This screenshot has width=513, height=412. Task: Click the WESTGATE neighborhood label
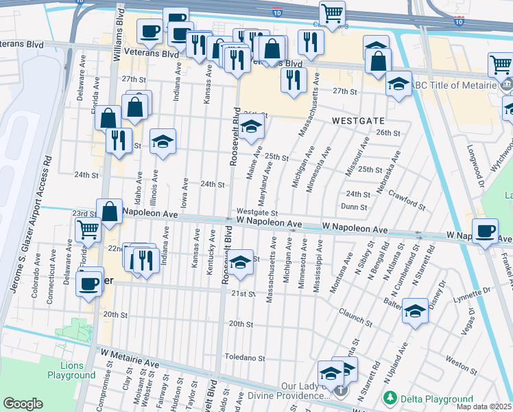(x=357, y=119)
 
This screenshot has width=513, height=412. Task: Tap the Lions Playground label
(x=71, y=370)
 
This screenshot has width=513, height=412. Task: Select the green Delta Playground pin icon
(x=390, y=398)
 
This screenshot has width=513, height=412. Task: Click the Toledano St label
(x=246, y=358)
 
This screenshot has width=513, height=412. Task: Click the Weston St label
(x=456, y=359)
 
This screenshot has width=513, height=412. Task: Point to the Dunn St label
(x=354, y=206)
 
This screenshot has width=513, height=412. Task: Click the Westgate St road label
(x=256, y=213)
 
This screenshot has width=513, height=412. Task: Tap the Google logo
(x=23, y=404)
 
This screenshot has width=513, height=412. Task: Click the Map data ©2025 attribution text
(x=484, y=407)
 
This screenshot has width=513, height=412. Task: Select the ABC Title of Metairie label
(x=453, y=85)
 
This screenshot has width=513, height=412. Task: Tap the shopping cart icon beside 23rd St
(x=88, y=229)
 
